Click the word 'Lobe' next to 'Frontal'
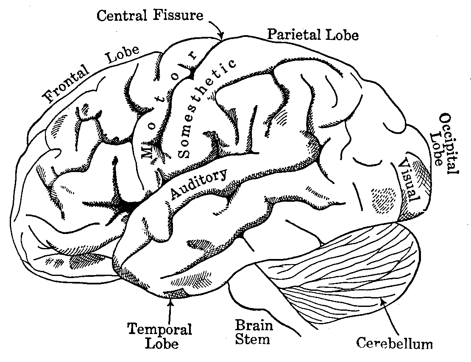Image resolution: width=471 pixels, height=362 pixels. tap(123, 55)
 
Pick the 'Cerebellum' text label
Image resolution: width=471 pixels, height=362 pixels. tap(394, 343)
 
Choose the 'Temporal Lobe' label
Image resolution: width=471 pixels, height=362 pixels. tap(160, 335)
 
